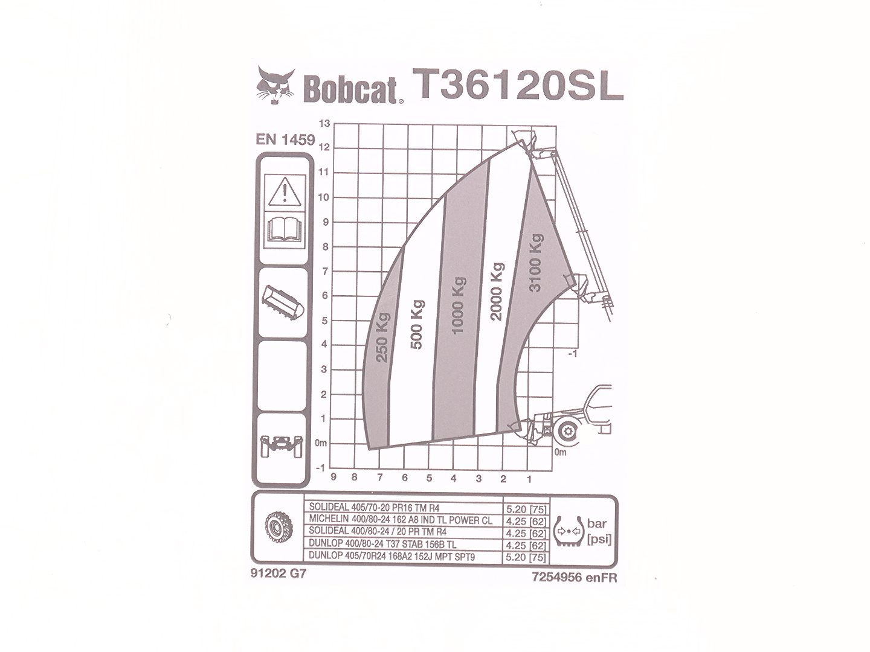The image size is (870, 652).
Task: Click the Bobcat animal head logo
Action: pyautogui.click(x=275, y=86)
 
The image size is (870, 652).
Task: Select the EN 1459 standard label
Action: pyautogui.click(x=285, y=139)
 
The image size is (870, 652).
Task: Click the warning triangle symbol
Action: pyautogui.click(x=285, y=192)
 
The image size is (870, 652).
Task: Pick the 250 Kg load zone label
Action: pyautogui.click(x=383, y=337)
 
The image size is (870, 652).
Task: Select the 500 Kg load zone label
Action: pyautogui.click(x=417, y=325)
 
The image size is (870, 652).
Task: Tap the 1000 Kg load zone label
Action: pyautogui.click(x=458, y=305)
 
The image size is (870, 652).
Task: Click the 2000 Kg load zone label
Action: pyautogui.click(x=496, y=291)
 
